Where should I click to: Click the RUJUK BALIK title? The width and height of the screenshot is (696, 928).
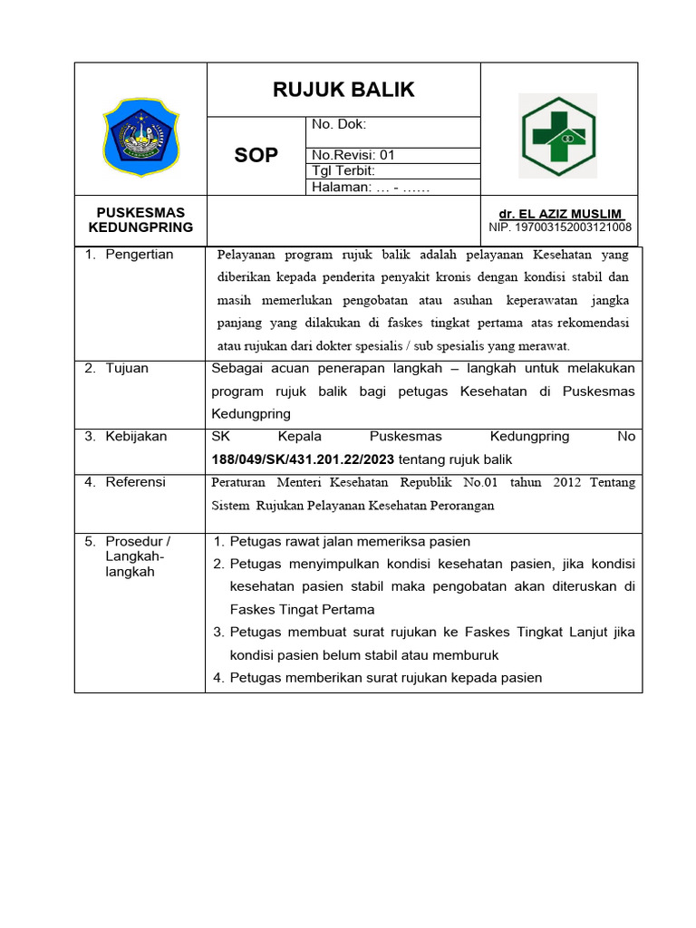click(x=343, y=90)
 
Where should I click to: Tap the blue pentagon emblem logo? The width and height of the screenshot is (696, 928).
click(x=140, y=136)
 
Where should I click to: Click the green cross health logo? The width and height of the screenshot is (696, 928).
click(x=556, y=136)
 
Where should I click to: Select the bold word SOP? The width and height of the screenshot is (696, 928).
click(x=256, y=156)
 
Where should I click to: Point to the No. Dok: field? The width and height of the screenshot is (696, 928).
click(x=339, y=125)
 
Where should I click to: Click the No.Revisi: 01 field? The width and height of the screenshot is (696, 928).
click(x=353, y=155)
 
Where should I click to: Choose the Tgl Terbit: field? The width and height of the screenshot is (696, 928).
click(x=343, y=170)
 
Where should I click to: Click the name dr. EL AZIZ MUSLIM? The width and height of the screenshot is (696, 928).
click(x=561, y=214)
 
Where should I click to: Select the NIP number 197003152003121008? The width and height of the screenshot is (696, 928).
click(x=560, y=227)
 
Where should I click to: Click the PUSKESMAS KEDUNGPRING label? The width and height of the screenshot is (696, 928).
click(x=140, y=220)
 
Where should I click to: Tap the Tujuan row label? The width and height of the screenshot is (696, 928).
click(x=127, y=368)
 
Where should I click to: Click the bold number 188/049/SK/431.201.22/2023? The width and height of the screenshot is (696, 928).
click(x=303, y=459)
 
